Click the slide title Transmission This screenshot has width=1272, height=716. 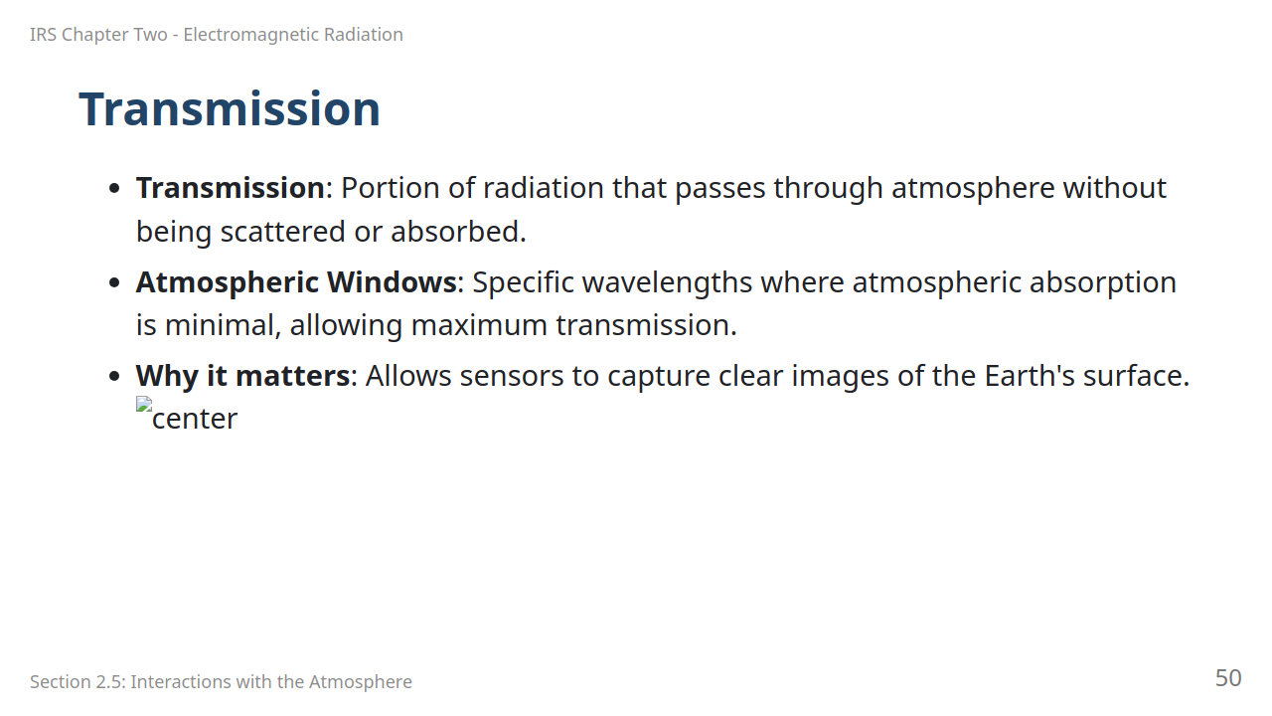pyautogui.click(x=230, y=109)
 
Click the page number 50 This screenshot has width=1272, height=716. pyautogui.click(x=1228, y=678)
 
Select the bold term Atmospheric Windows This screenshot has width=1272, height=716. pyautogui.click(x=296, y=282)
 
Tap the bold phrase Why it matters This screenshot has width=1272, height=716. pyautogui.click(x=243, y=376)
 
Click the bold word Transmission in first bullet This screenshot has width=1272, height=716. pyautogui.click(x=230, y=188)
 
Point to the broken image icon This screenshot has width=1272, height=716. pyautogui.click(x=144, y=404)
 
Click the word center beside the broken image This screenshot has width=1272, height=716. pyautogui.click(x=195, y=419)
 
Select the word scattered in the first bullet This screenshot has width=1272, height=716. pyautogui.click(x=283, y=232)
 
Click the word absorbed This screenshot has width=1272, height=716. pyautogui.click(x=458, y=232)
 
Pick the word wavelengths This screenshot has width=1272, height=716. pyautogui.click(x=667, y=282)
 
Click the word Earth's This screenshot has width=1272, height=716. pyautogui.click(x=1030, y=376)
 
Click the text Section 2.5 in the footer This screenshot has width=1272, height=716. pyautogui.click(x=78, y=681)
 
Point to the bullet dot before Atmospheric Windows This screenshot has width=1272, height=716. pyautogui.click(x=114, y=282)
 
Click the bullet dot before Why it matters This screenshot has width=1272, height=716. pyautogui.click(x=114, y=376)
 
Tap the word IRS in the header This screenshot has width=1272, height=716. pyautogui.click(x=43, y=35)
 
